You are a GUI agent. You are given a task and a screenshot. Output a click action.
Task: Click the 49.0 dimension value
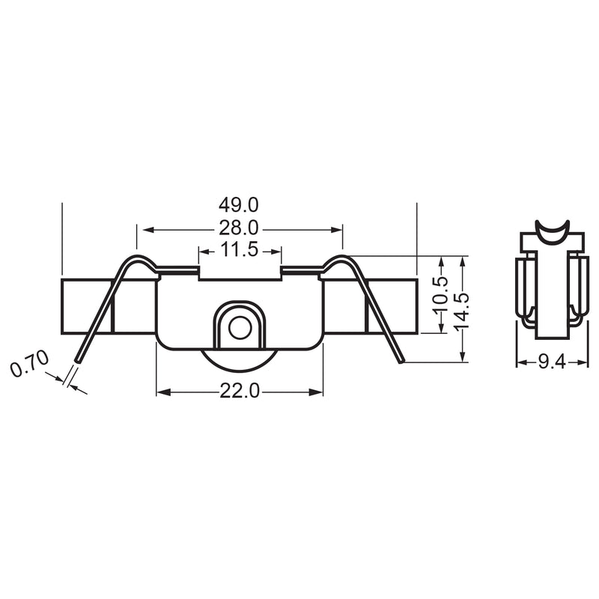pos(239,204)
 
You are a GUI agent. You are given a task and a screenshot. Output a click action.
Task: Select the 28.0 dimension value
pos(239,228)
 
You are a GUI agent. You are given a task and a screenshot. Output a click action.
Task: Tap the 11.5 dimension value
pos(239,250)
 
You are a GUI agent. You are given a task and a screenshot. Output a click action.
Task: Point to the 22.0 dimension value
pos(239,391)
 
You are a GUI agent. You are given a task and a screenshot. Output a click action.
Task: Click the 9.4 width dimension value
pos(552,362)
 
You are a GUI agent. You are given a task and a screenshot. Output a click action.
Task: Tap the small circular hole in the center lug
pos(239,327)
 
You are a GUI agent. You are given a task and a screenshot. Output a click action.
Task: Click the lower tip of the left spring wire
pos(77,362)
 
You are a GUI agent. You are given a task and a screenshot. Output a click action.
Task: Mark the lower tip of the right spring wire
pos(402,362)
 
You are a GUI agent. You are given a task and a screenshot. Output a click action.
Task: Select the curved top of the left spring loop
pos(139,259)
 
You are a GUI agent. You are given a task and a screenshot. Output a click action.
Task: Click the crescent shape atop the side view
pos(552,232)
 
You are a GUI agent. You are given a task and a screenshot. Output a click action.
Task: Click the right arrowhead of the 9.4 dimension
pos(584,362)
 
